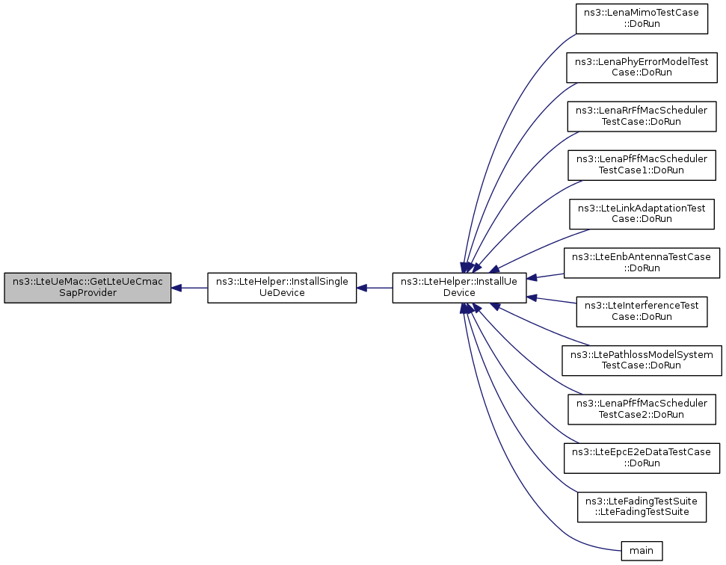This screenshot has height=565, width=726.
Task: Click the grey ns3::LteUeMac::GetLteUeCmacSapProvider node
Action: (87, 288)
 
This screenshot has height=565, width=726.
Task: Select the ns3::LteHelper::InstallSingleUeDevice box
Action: (282, 288)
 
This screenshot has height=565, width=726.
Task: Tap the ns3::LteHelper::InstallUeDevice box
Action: (459, 288)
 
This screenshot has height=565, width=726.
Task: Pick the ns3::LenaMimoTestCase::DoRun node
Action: (642, 19)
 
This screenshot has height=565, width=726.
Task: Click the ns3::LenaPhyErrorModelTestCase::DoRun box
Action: (642, 67)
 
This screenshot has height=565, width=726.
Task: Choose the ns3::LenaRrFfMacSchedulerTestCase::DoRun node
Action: (642, 116)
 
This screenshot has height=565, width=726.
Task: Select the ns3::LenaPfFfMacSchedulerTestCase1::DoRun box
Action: (642, 165)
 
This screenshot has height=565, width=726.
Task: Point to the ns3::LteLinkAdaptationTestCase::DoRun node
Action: (642, 214)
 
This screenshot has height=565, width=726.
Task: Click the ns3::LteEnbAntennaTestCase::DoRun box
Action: (642, 263)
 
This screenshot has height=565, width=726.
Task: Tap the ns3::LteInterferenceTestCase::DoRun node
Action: (642, 312)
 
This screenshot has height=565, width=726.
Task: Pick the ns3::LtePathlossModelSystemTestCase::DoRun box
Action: (642, 360)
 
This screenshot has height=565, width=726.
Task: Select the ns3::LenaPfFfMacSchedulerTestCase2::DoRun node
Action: (642, 409)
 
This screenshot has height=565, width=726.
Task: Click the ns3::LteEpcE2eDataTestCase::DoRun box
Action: (642, 458)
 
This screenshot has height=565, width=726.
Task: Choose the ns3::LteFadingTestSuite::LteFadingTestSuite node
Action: (642, 507)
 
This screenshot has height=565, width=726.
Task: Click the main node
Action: (642, 551)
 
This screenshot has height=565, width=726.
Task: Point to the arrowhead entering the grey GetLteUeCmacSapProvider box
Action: (176, 288)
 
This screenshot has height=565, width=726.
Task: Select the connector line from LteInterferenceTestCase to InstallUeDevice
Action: (552, 300)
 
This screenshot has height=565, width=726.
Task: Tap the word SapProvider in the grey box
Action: (87, 293)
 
